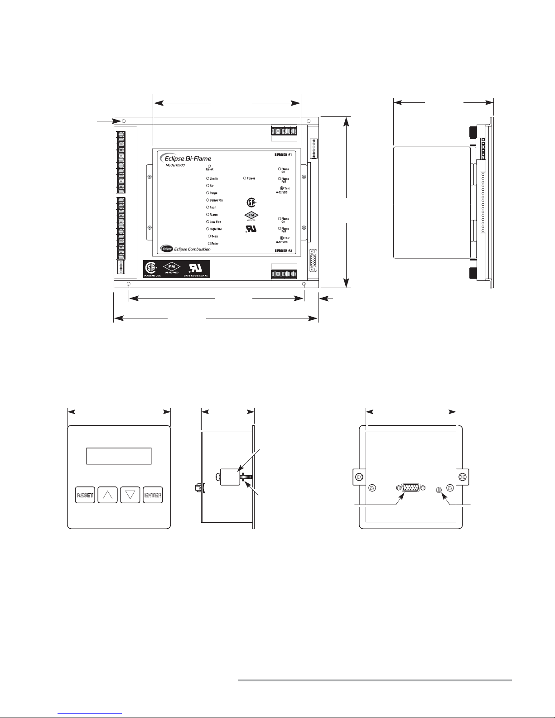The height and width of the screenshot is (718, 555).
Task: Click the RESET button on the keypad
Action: click(x=85, y=495)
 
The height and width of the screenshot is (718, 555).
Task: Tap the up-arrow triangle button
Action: click(x=107, y=495)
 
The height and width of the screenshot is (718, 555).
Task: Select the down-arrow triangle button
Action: click(x=131, y=495)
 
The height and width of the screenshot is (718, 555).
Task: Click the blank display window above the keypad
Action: click(x=119, y=456)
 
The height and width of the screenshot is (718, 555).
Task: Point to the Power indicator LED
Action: click(x=245, y=178)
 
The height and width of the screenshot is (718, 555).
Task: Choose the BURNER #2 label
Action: click(x=282, y=250)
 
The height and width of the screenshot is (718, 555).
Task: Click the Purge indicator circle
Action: click(x=208, y=193)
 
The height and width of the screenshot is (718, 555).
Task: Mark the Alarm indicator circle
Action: click(x=208, y=215)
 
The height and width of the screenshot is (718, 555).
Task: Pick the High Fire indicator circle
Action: click(x=208, y=229)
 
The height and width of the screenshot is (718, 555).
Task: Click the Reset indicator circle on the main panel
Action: click(x=209, y=166)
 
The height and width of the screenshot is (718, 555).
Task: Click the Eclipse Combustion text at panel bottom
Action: click(x=192, y=249)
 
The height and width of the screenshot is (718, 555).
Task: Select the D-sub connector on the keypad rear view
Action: click(x=410, y=488)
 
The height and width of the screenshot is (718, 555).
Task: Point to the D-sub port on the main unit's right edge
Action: click(x=313, y=261)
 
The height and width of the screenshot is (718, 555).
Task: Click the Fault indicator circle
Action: click(x=208, y=207)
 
